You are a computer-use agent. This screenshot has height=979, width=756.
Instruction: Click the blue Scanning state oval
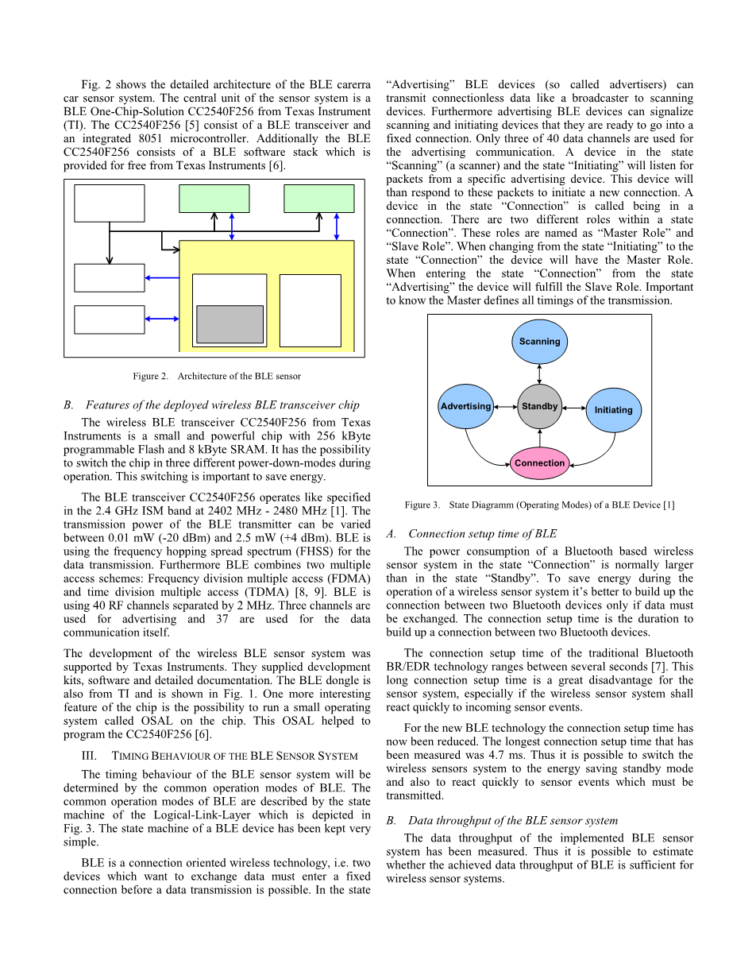[x=539, y=342]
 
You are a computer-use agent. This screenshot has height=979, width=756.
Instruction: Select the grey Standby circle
[x=540, y=407]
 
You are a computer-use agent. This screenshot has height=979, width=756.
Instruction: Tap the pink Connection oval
[x=539, y=463]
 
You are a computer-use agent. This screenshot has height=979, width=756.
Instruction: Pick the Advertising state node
[x=465, y=407]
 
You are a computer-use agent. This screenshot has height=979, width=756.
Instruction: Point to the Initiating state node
[x=613, y=410]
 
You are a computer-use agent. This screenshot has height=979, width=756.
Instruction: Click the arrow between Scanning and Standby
[x=540, y=374]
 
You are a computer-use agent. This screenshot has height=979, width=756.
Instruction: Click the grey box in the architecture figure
[x=229, y=324]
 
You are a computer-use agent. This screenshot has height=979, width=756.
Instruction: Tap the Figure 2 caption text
[x=217, y=376]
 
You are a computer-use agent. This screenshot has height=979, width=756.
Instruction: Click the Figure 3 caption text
[x=539, y=505]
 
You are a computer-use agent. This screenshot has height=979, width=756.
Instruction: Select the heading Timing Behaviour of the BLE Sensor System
[x=217, y=756]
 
